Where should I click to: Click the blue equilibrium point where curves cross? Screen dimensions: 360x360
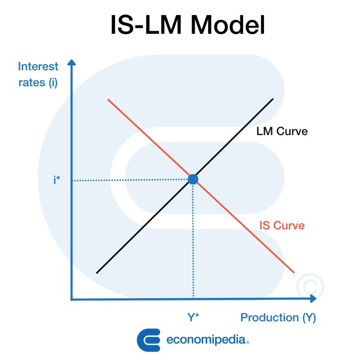coord(193,179)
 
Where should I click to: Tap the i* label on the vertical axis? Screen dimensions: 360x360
coord(56,180)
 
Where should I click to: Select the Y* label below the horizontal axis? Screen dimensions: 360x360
coord(193,317)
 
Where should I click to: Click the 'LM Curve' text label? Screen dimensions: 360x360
coord(282,132)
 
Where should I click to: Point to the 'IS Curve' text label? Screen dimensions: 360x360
coord(282,225)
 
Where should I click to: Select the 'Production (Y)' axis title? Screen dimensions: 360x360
coord(278,318)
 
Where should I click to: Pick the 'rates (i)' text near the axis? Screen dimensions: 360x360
coord(38,82)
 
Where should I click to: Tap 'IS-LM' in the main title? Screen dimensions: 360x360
coord(147,25)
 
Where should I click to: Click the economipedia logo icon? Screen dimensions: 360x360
coord(148,340)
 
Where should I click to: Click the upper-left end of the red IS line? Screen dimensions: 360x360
coord(108,99)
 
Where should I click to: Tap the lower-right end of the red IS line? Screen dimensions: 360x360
coord(294,272)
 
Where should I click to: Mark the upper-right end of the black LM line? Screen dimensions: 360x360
coord(272,99)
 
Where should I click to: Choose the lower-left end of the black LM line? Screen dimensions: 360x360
coord(97,272)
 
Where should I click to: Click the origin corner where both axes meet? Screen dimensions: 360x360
coord(72,299)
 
